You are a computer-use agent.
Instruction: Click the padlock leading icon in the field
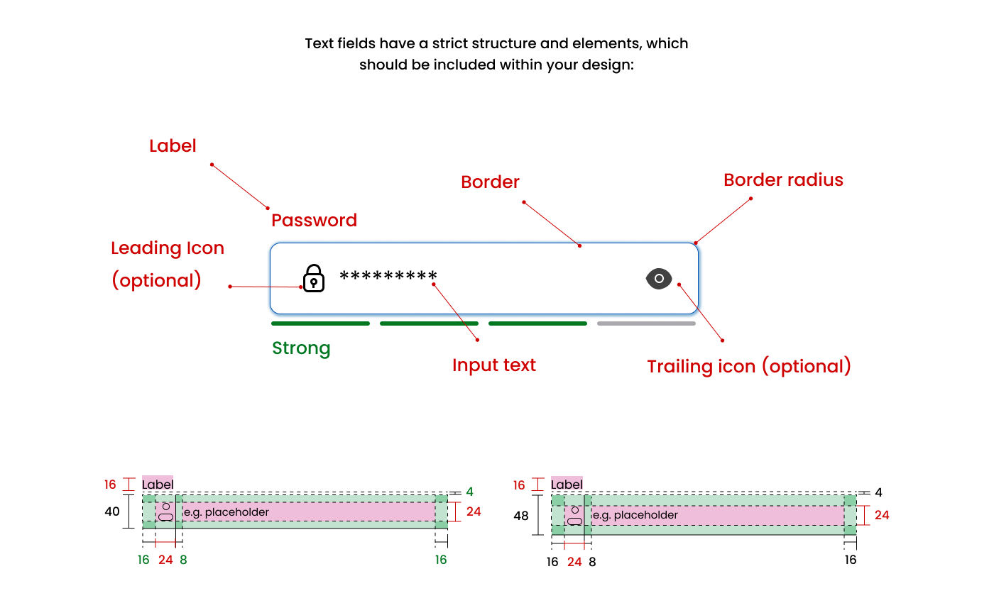pyautogui.click(x=314, y=278)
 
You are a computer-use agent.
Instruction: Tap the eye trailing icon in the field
pyautogui.click(x=659, y=279)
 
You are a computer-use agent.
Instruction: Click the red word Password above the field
pyautogui.click(x=314, y=221)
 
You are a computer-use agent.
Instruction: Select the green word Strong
pyautogui.click(x=301, y=348)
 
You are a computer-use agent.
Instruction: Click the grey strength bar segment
pyautogui.click(x=646, y=323)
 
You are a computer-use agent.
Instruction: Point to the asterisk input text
pyautogui.click(x=388, y=277)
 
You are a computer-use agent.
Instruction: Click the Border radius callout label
pyautogui.click(x=783, y=180)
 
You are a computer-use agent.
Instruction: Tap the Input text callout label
pyautogui.click(x=494, y=365)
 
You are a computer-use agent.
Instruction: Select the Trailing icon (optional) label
pyautogui.click(x=748, y=367)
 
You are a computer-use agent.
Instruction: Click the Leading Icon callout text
pyautogui.click(x=168, y=249)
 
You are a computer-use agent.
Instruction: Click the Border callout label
pyautogui.click(x=490, y=182)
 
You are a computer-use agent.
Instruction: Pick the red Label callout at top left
pyautogui.click(x=173, y=146)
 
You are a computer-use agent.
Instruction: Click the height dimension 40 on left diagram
pyautogui.click(x=112, y=511)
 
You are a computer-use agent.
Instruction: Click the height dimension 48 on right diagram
pyautogui.click(x=521, y=516)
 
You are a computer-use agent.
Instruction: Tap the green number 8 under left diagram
pyautogui.click(x=183, y=560)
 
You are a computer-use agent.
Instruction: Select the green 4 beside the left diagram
pyautogui.click(x=469, y=492)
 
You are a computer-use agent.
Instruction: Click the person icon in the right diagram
pyautogui.click(x=574, y=515)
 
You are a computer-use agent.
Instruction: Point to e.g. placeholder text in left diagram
pyautogui.click(x=226, y=512)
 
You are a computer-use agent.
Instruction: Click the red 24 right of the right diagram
pyautogui.click(x=881, y=515)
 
